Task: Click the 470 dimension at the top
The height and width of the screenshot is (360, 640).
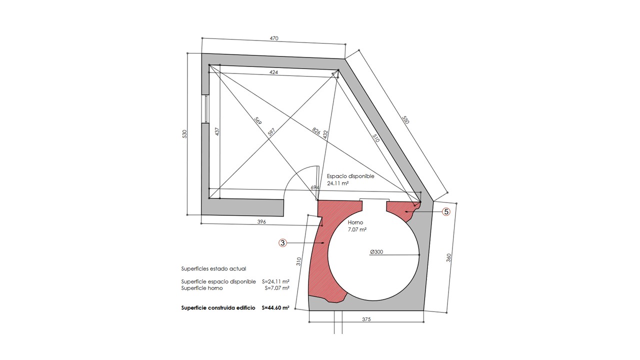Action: point(273,38)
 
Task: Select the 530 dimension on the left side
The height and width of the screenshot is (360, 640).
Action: point(184,134)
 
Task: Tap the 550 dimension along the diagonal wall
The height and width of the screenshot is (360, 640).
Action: point(405,119)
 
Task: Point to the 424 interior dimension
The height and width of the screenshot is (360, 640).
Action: point(273,72)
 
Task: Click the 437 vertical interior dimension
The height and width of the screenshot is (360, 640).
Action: point(217,131)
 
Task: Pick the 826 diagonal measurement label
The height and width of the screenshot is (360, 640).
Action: point(316,131)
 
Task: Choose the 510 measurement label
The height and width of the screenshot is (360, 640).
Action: point(376,138)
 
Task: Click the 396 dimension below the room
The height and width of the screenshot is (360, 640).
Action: point(261,221)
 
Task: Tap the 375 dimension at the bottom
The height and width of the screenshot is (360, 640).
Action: point(366,319)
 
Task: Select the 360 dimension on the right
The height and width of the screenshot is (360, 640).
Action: point(448,257)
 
